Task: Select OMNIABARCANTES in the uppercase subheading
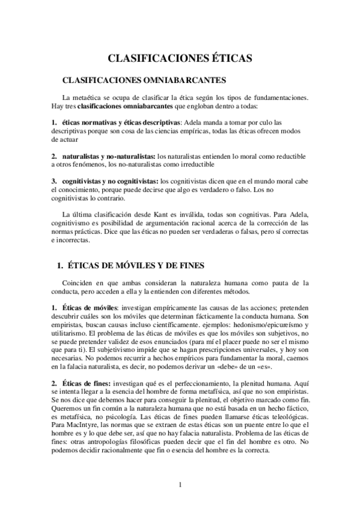pyautogui.click(x=184, y=79)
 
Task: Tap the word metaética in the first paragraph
pyautogui.click(x=92, y=97)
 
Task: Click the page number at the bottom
pyautogui.click(x=180, y=485)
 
